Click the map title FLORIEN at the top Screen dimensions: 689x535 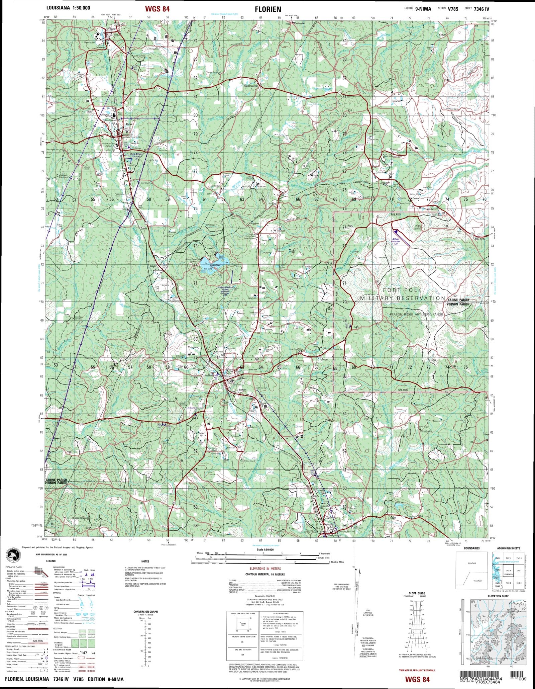[268, 9]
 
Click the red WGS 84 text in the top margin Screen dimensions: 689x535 [157, 9]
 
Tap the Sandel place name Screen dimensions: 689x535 [153, 266]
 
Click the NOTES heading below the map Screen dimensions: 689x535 [145, 561]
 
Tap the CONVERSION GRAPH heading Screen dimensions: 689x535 [145, 612]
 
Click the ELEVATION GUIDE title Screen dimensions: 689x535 [499, 596]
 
